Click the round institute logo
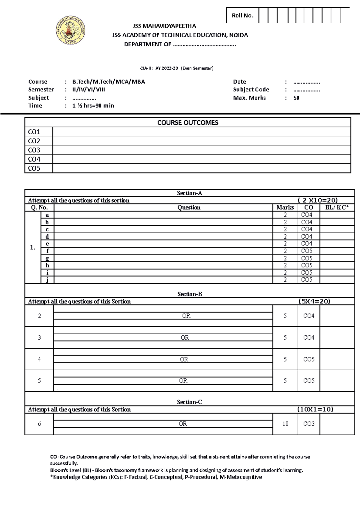pos(70,30)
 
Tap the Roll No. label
pos(242,16)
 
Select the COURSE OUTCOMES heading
pos(188,123)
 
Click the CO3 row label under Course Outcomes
pos(34,150)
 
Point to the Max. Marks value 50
pos(296,98)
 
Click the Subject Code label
pos(251,89)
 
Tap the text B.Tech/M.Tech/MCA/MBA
pos(109,82)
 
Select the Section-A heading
pos(189,193)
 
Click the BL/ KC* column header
pos(337,207)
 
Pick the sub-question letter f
pos(47,251)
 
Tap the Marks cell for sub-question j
pos(285,280)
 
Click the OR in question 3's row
pos(185,338)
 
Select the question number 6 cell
pos(39,424)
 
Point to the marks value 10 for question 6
pos(285,424)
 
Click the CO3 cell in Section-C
pos(309,424)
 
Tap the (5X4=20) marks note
pos(314,301)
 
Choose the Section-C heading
pos(189,402)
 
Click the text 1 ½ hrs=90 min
pos(93,106)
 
